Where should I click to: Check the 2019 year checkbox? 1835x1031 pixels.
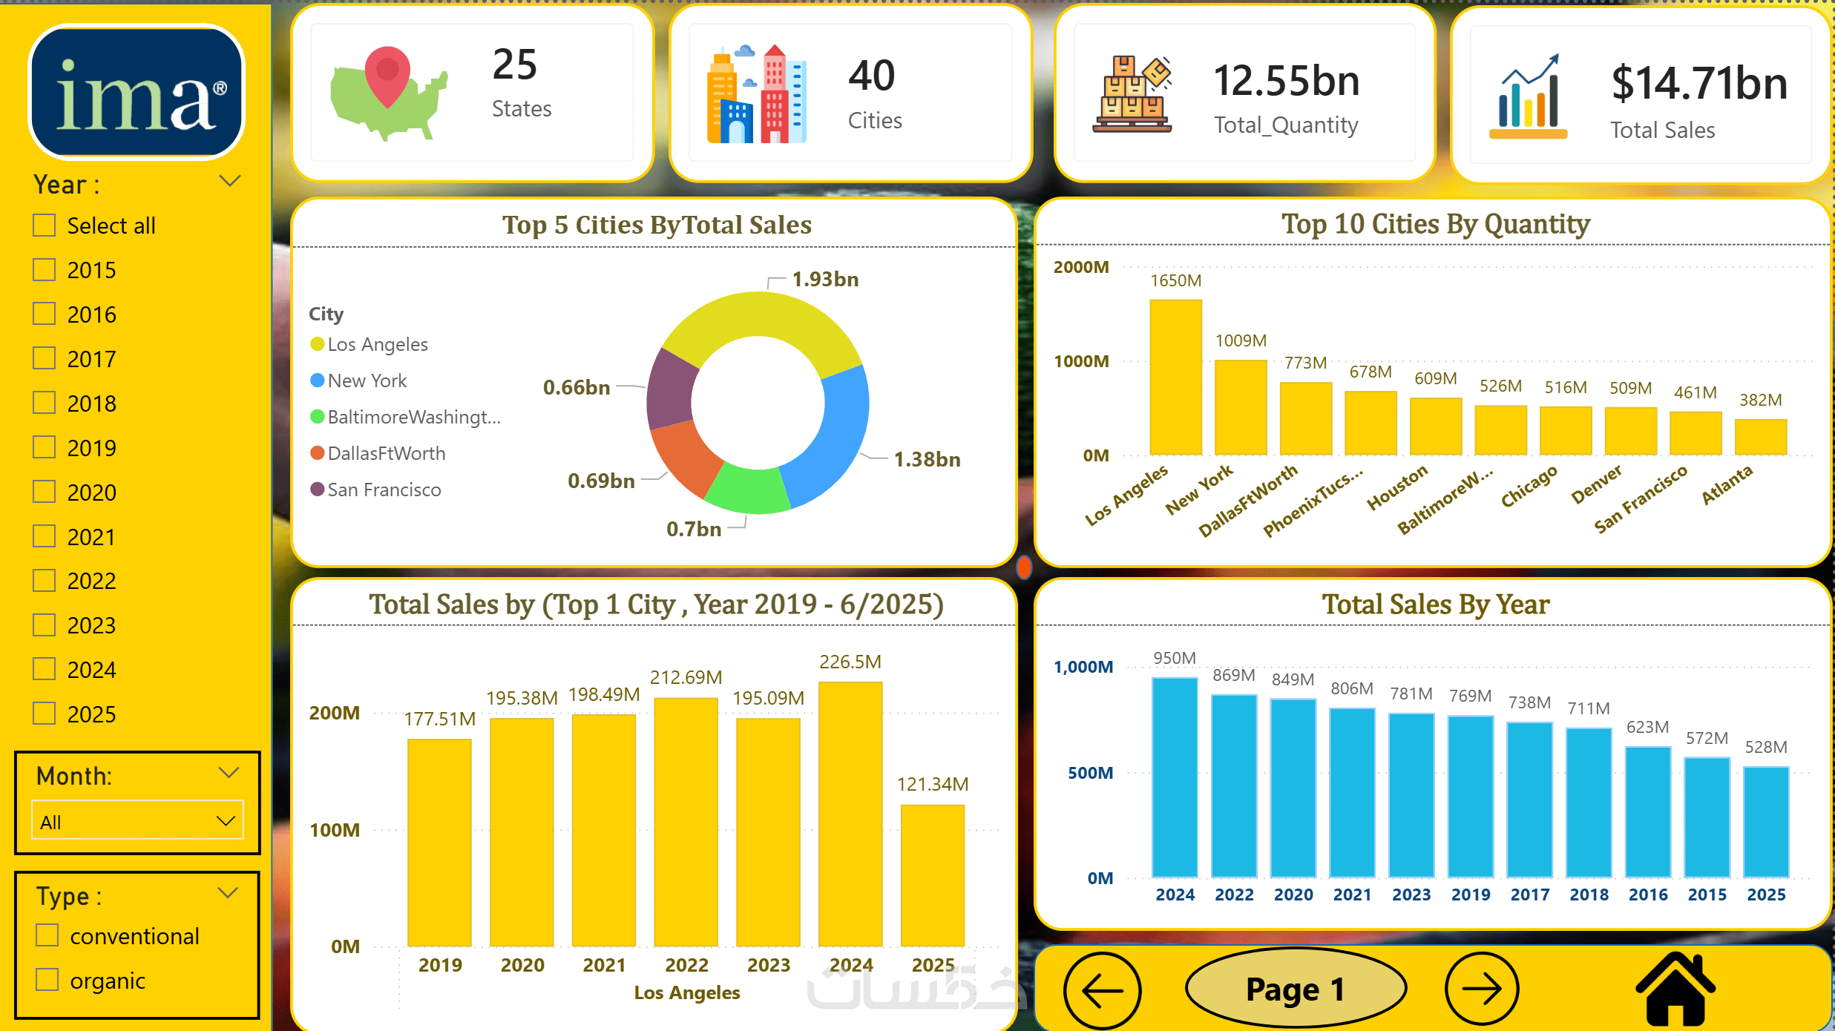pos(45,447)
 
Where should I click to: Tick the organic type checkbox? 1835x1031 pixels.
pos(47,980)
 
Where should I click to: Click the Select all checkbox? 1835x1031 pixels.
pos(45,225)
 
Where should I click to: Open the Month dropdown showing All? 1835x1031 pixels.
pos(137,821)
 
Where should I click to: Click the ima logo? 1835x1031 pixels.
pos(137,93)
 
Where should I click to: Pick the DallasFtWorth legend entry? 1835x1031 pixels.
pos(386,453)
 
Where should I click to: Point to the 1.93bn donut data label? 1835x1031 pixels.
pos(825,280)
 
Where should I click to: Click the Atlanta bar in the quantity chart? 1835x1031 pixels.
pos(1760,437)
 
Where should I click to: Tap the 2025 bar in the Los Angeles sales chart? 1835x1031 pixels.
pos(933,875)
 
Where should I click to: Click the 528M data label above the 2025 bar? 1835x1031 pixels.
pos(1766,747)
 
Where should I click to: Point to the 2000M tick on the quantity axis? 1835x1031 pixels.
pos(1081,267)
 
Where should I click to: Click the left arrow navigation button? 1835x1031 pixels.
pos(1102,989)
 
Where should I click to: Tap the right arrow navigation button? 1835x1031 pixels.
pos(1482,989)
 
